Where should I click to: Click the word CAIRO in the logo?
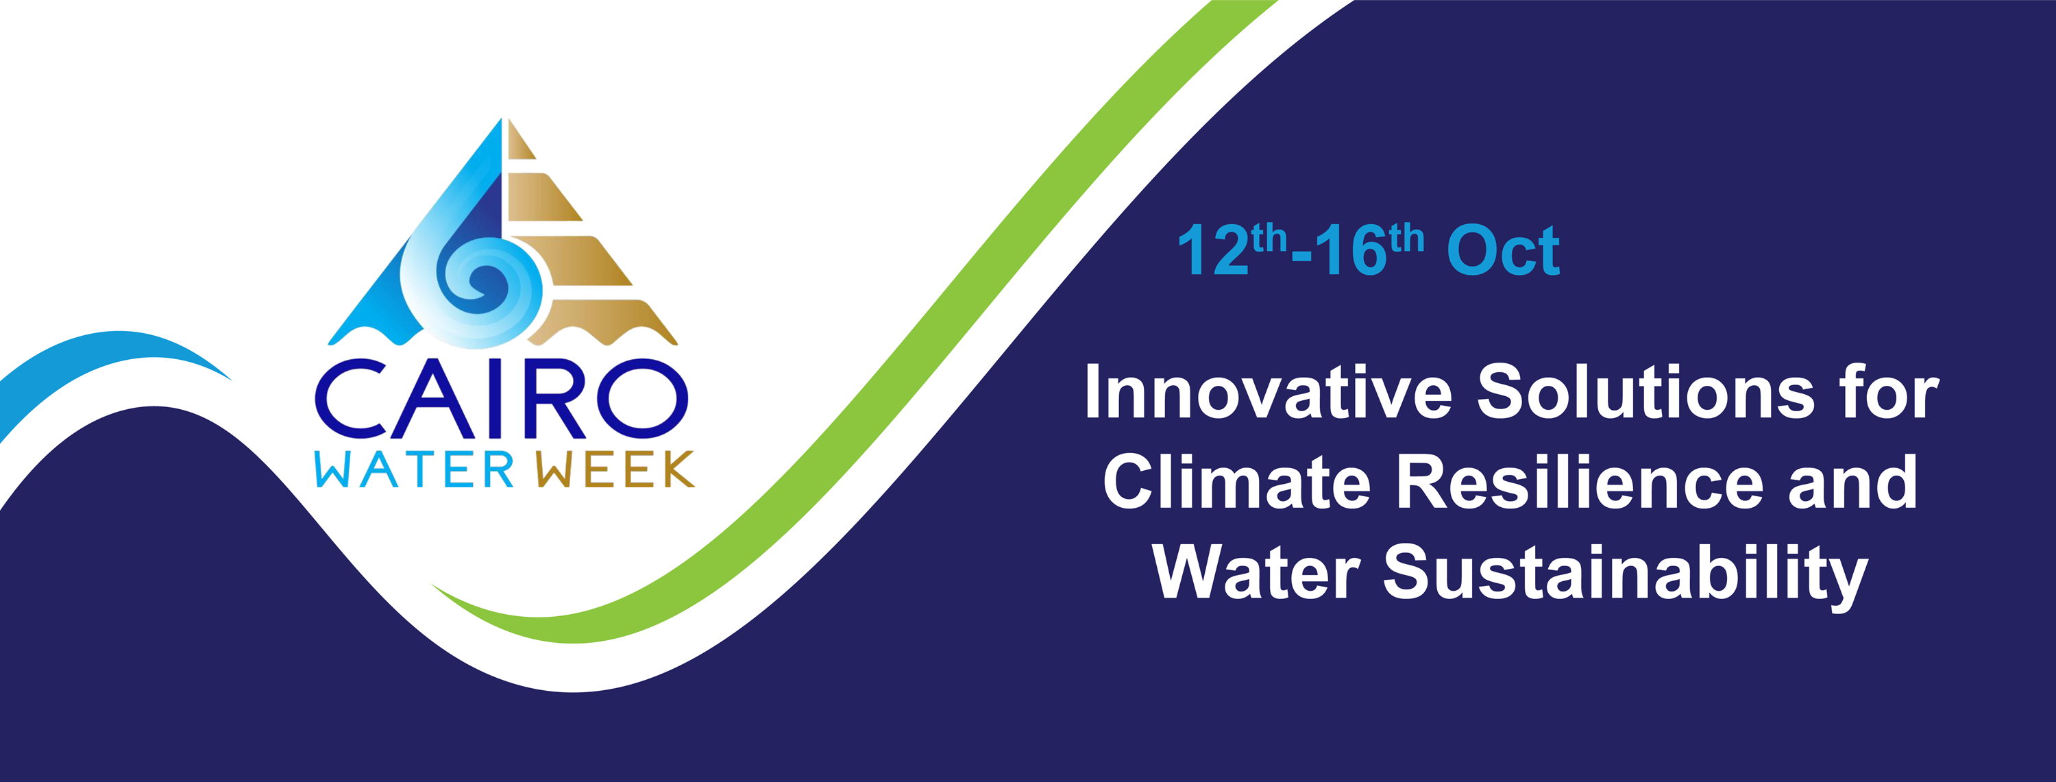(x=501, y=399)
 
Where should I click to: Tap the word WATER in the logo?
(x=414, y=470)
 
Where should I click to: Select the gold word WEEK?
(x=615, y=470)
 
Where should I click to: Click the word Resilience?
(x=1580, y=482)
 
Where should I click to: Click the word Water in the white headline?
(x=1256, y=572)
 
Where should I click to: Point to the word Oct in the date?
(x=1504, y=251)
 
